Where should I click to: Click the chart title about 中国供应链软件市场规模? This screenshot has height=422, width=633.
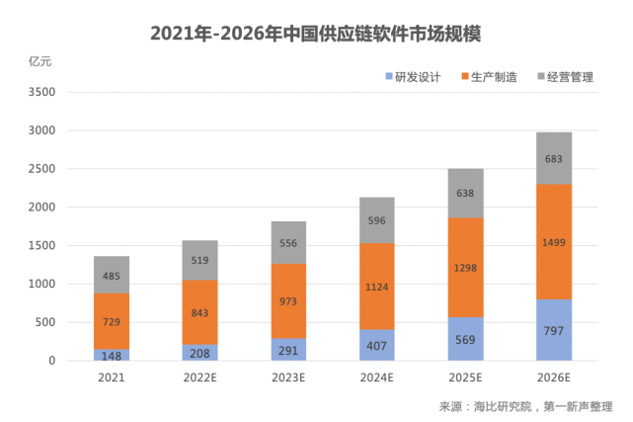pyautogui.click(x=316, y=33)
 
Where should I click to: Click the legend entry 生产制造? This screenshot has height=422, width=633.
pyautogui.click(x=490, y=76)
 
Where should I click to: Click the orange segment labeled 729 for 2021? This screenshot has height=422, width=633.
pyautogui.click(x=111, y=321)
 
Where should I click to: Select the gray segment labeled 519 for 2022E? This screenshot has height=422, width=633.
pyautogui.click(x=198, y=261)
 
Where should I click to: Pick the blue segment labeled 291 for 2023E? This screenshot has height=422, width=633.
pyautogui.click(x=287, y=350)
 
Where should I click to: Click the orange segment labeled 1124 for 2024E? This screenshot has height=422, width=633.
pyautogui.click(x=376, y=287)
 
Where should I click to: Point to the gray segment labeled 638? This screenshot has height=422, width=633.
pyautogui.click(x=465, y=193)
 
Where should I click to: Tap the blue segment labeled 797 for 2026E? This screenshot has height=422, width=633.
pyautogui.click(x=554, y=330)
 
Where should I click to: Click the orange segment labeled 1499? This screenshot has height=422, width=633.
pyautogui.click(x=554, y=241)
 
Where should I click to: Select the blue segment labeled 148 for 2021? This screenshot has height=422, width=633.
pyautogui.click(x=111, y=355)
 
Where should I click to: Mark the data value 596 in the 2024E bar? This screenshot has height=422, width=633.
pyautogui.click(x=376, y=221)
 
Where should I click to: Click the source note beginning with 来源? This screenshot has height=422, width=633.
pyautogui.click(x=526, y=405)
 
